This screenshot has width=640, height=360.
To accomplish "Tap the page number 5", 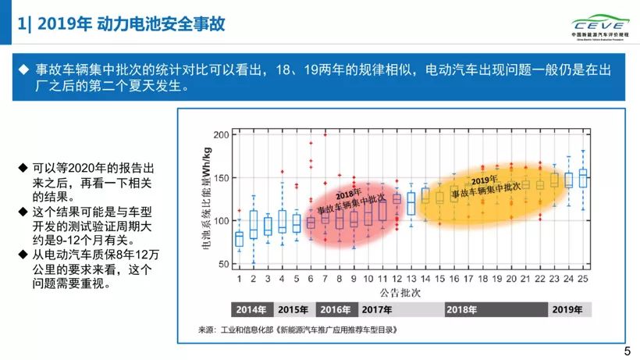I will [627, 351].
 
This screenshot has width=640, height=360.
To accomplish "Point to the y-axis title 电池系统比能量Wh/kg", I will [207, 198].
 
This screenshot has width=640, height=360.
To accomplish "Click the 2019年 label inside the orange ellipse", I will [484, 180].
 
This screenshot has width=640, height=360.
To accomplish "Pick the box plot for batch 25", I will [582, 178].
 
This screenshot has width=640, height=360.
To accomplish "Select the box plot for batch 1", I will [239, 238].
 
